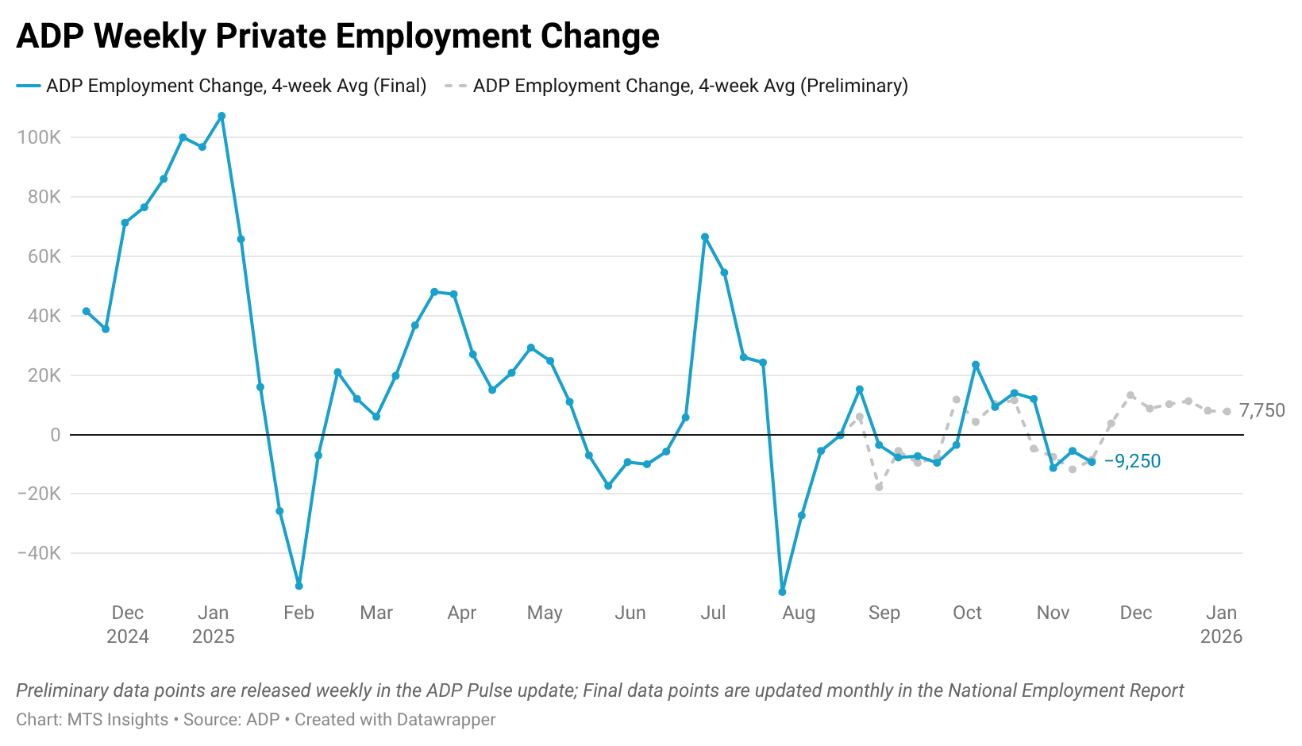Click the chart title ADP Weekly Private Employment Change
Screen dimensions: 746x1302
click(x=337, y=37)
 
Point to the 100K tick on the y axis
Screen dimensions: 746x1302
click(x=39, y=137)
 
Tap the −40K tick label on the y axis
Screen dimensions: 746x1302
click(x=39, y=553)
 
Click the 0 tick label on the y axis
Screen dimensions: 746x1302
click(x=55, y=435)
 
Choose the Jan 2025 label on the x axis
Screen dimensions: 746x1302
click(x=214, y=624)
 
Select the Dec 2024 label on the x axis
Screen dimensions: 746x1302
click(x=128, y=624)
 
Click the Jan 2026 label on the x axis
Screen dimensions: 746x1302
click(x=1221, y=624)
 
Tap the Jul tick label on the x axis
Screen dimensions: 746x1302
click(x=713, y=613)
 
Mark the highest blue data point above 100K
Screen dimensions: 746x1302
click(x=221, y=116)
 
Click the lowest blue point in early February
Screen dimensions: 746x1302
click(x=299, y=586)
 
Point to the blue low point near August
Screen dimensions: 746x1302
click(x=782, y=592)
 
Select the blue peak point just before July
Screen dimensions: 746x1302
click(x=705, y=237)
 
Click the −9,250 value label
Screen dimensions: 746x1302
click(x=1132, y=461)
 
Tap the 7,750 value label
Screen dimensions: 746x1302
click(x=1262, y=410)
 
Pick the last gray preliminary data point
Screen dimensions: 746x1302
click(x=1227, y=411)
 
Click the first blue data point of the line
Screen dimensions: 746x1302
click(x=86, y=311)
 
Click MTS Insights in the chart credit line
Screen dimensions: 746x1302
click(x=117, y=720)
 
